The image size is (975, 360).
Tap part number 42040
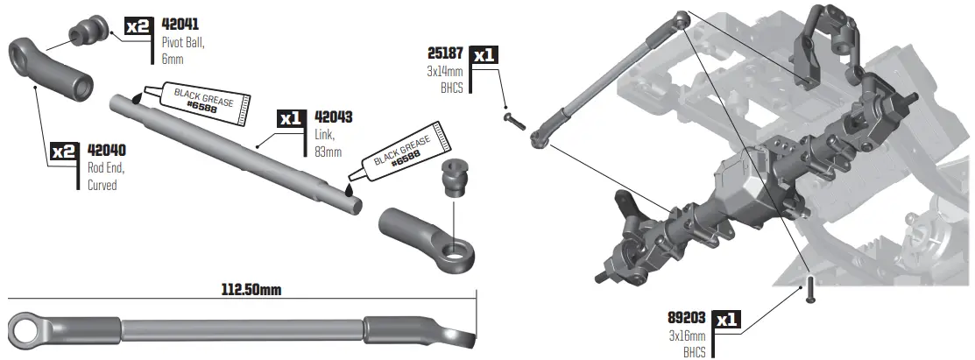pyautogui.click(x=108, y=151)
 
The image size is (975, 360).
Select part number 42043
pyautogui.click(x=332, y=117)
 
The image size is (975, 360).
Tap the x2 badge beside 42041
pyautogui.click(x=138, y=26)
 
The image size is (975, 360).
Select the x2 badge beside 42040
pyautogui.click(x=65, y=152)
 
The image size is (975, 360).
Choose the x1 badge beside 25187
pyautogui.click(x=484, y=54)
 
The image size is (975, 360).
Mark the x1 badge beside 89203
pyautogui.click(x=726, y=320)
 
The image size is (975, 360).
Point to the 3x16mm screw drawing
pyautogui.click(x=809, y=290)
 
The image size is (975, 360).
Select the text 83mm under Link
pyautogui.click(x=327, y=152)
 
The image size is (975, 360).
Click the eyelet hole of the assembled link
pyautogui.click(x=28, y=330)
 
